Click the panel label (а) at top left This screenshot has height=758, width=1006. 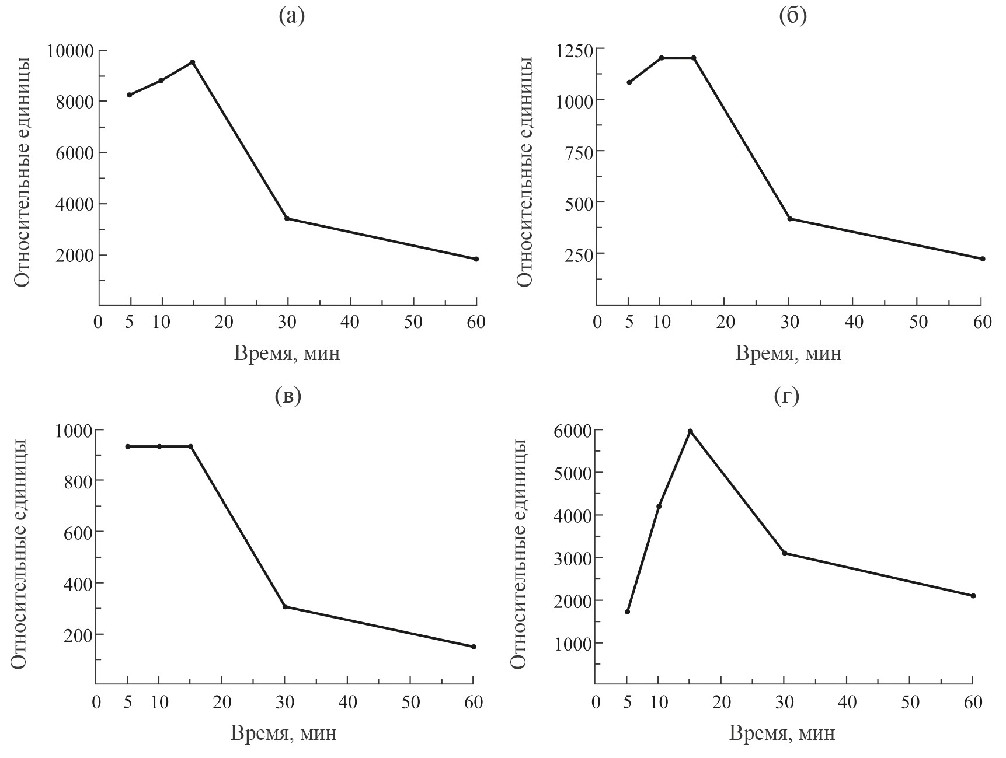[291, 16]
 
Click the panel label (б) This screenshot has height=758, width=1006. [792, 16]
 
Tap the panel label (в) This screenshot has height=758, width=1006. [287, 396]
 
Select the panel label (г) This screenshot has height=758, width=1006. [786, 396]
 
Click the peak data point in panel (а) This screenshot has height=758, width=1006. [193, 62]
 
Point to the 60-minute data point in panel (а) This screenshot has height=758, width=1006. [476, 259]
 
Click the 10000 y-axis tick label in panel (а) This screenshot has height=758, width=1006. [70, 51]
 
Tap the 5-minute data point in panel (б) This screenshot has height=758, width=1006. [629, 82]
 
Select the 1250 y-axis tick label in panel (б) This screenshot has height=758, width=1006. [571, 50]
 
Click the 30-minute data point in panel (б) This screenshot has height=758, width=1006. [790, 219]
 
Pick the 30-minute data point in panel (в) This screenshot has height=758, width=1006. [285, 607]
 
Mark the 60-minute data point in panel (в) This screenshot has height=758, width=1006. [474, 647]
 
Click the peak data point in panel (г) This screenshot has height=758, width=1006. [690, 431]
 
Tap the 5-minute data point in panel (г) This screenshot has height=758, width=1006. [627, 612]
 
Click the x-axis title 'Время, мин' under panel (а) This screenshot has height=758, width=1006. [287, 354]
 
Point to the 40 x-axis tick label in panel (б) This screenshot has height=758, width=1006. [855, 322]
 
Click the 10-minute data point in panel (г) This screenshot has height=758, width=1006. [659, 507]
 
